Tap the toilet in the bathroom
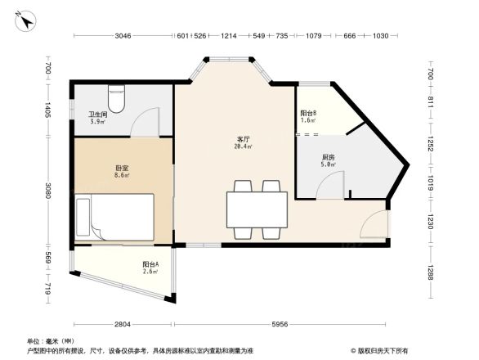point(117,101)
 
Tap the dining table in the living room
point(257,209)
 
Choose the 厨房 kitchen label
point(327,159)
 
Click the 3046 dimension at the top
point(123,36)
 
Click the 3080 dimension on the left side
point(49,191)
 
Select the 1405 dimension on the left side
point(49,110)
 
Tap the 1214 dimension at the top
point(228,36)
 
